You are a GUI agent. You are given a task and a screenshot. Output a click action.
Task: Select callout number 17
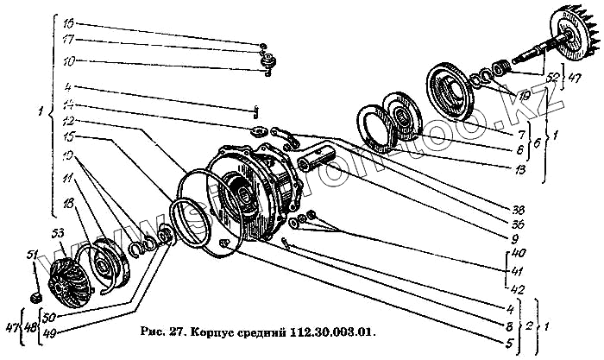pyautogui.click(x=69, y=40)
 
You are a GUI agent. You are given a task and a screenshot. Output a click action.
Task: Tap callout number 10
pyautogui.click(x=69, y=60)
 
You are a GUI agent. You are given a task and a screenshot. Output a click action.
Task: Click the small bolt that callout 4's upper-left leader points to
pyautogui.click(x=257, y=110)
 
